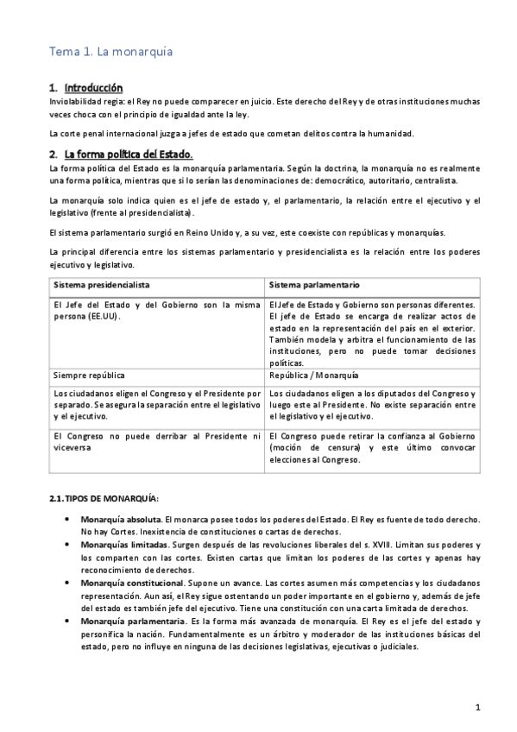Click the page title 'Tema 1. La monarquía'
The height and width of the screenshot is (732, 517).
[110, 52]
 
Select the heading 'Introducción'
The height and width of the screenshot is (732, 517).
[93, 88]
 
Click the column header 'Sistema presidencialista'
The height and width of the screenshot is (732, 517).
[102, 285]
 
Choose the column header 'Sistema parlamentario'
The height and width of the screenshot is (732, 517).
[314, 285]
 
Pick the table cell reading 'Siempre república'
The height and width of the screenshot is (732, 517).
[89, 376]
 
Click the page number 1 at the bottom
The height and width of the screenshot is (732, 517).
[477, 708]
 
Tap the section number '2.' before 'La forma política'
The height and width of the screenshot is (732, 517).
[54, 154]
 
